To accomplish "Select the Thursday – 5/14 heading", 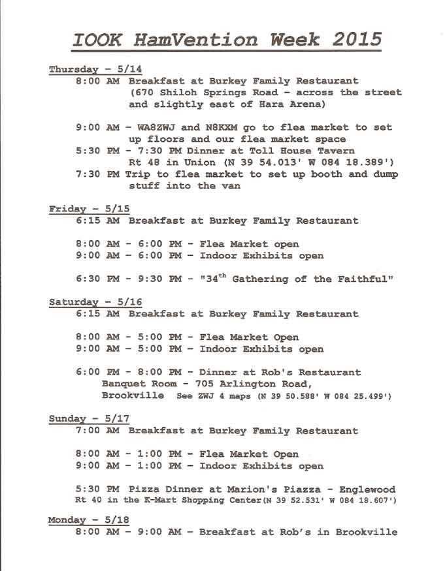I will [95, 69].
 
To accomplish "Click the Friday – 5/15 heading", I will [89, 209].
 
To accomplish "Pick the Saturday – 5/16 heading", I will [95, 302].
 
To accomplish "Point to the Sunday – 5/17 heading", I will [89, 418].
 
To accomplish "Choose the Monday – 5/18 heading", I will [89, 520].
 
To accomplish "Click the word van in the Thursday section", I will [231, 186].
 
